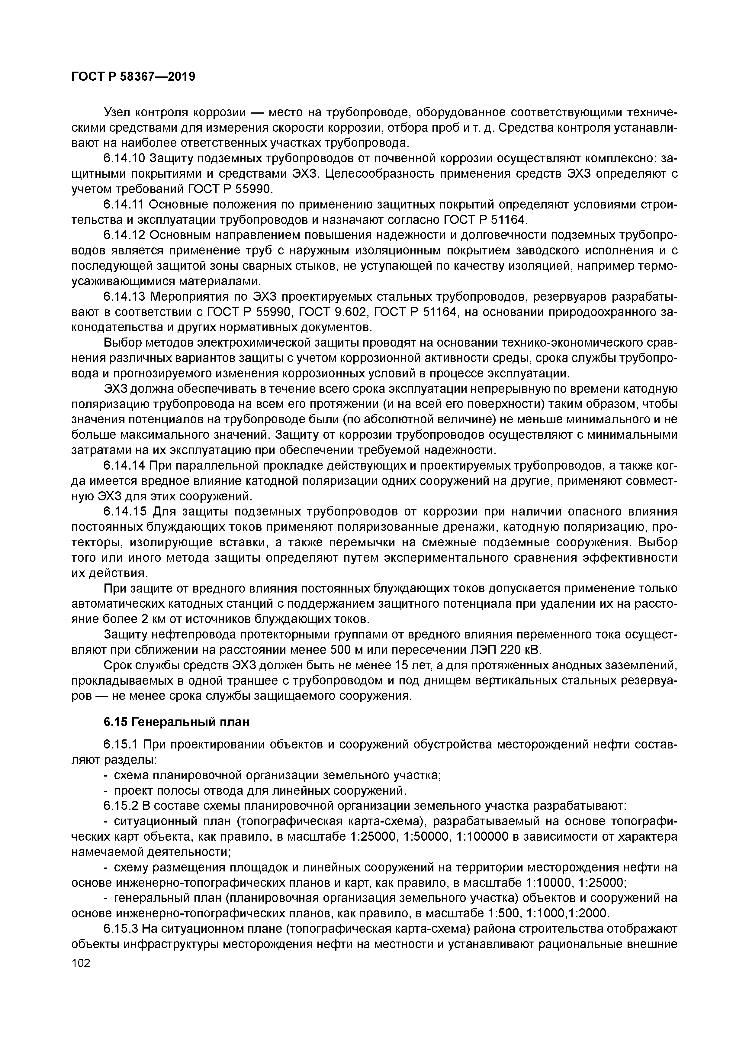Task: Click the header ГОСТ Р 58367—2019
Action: tap(133, 77)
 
